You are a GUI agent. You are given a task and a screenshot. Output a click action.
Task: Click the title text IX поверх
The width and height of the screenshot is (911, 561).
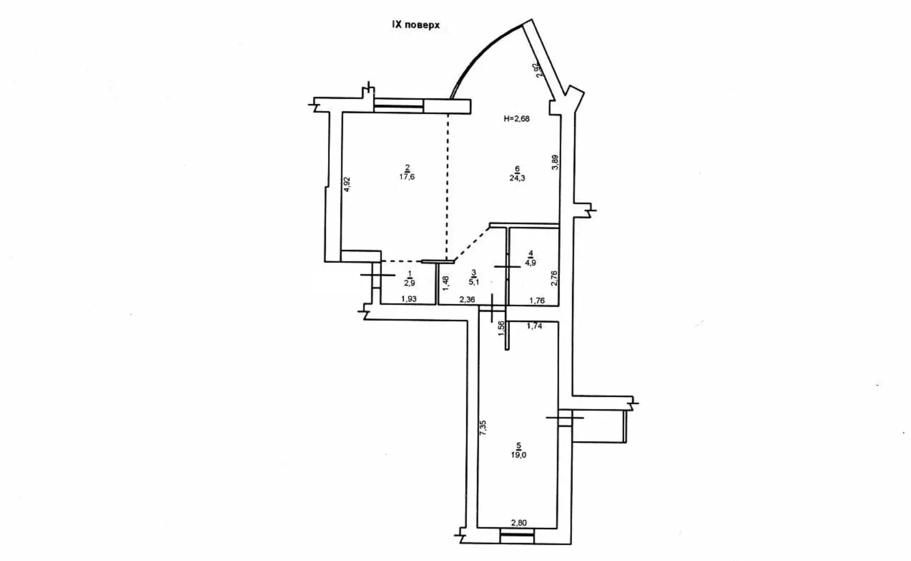pos(416,25)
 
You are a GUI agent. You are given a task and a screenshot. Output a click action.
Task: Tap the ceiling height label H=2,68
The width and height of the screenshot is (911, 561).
pos(516,119)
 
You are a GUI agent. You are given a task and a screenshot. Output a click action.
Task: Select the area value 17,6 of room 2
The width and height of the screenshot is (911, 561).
pos(407,177)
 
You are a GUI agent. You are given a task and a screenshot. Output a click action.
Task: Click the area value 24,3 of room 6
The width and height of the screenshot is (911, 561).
pos(517,178)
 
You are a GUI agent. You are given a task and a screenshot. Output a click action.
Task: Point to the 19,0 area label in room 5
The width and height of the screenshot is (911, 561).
pos(519,455)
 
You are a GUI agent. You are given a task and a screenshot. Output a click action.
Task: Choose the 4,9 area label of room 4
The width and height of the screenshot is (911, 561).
pos(530,263)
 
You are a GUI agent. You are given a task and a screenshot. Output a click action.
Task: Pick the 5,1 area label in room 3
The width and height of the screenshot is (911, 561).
pos(474,281)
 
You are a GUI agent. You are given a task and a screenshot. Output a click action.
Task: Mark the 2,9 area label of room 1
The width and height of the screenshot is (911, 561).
pos(409,282)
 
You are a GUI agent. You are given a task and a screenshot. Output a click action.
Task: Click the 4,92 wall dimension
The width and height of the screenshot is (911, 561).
pos(347,184)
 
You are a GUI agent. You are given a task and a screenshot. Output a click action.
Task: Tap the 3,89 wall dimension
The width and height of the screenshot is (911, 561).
pos(555,162)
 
